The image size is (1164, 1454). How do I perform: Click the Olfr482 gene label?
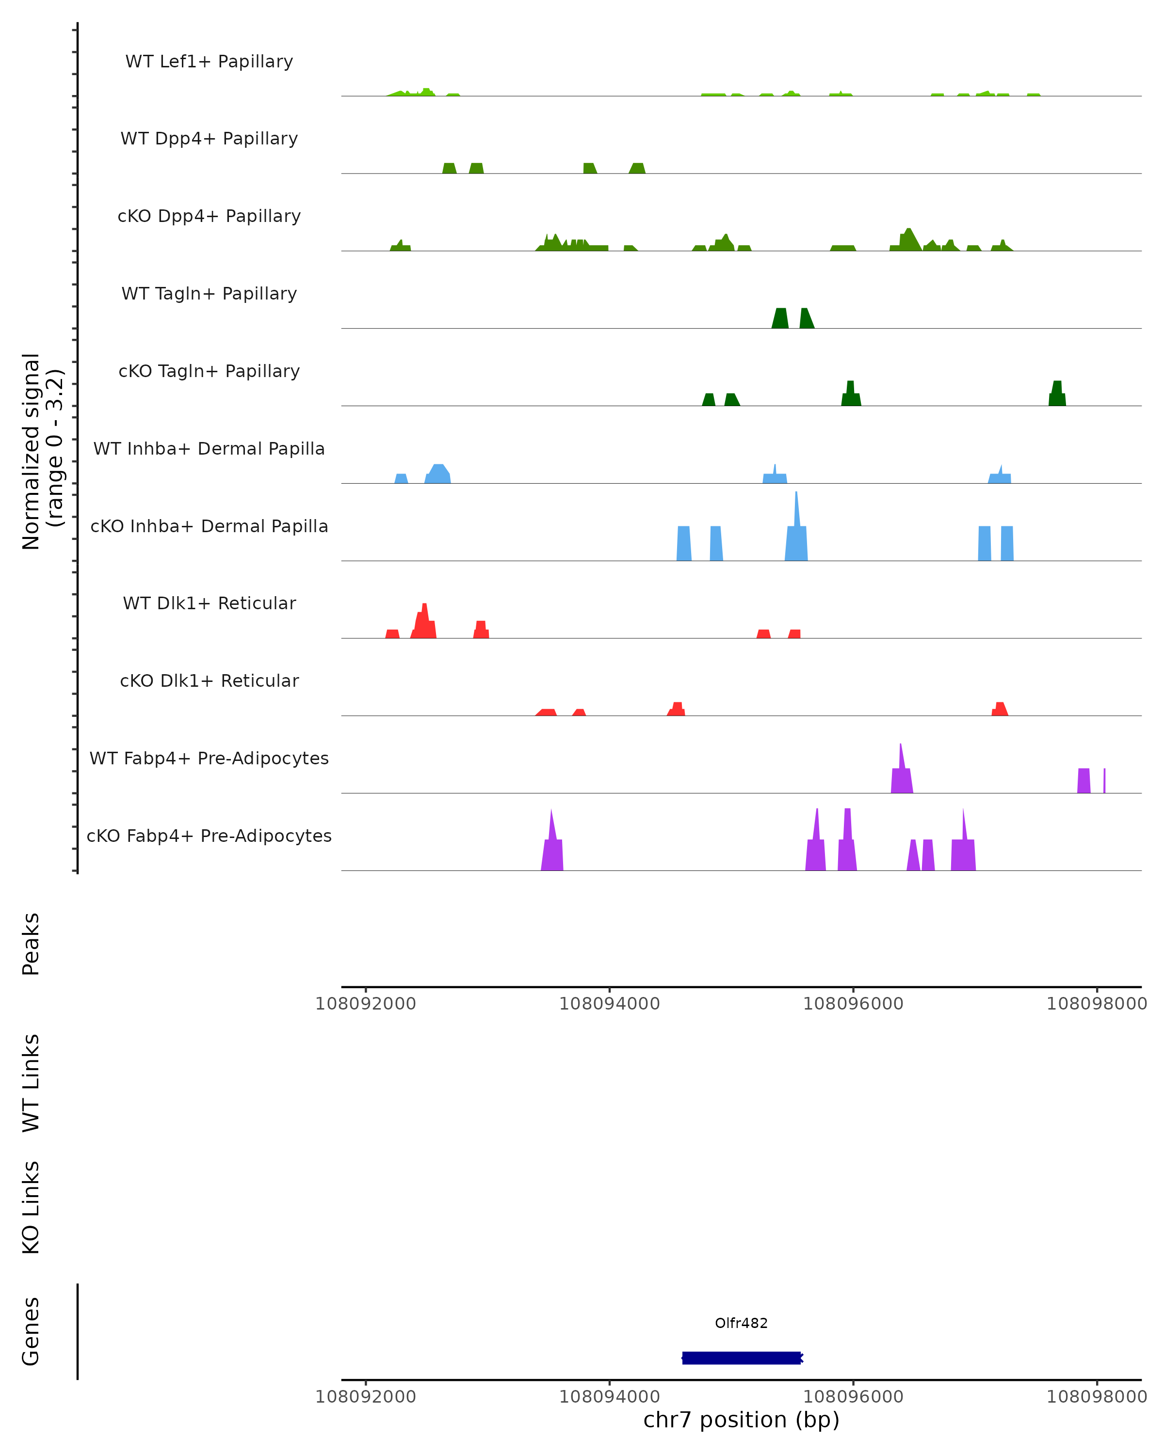coord(741,1323)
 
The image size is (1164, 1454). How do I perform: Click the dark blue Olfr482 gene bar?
coord(741,1358)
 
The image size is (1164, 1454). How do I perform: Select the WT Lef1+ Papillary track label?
coord(209,62)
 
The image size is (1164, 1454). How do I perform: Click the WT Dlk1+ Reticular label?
coord(209,603)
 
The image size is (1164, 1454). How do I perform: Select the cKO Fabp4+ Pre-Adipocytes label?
coord(209,836)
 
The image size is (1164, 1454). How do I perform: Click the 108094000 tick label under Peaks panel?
coord(609,1004)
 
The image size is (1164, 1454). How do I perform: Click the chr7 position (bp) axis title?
coord(741,1420)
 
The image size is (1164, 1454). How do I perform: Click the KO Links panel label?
coord(31,1208)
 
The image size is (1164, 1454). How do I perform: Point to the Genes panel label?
coord(31,1331)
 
